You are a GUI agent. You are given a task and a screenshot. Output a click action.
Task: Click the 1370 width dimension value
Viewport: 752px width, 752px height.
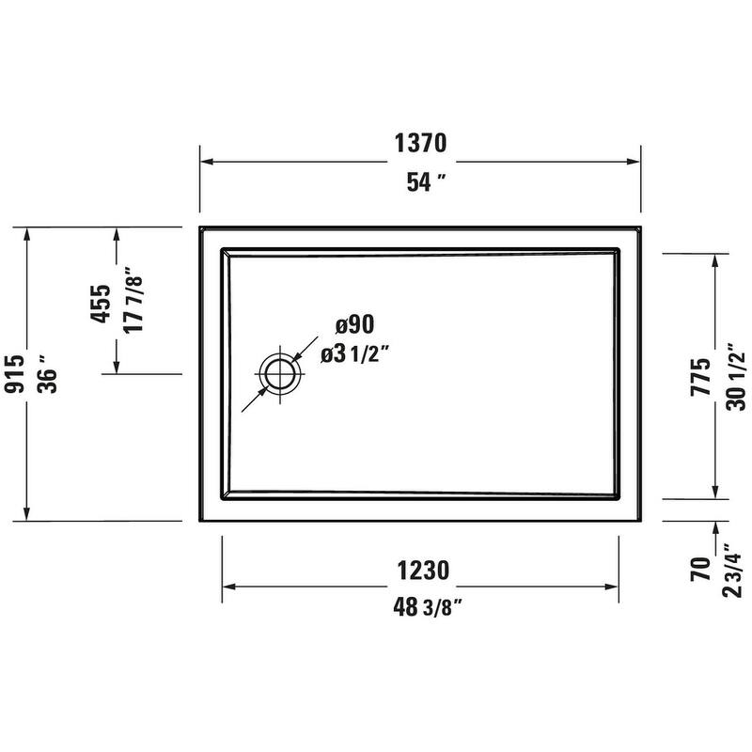click(x=419, y=144)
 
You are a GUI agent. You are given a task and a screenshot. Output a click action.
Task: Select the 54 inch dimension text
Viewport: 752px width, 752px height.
click(x=419, y=182)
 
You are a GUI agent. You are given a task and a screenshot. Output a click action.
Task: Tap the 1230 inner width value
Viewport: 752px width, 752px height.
click(x=419, y=570)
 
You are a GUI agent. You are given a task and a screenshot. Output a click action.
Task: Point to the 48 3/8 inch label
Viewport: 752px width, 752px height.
click(x=419, y=606)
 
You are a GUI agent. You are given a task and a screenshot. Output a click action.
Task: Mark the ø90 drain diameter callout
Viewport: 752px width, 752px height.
click(x=355, y=324)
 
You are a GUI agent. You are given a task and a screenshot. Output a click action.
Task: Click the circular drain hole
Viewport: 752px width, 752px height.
click(x=280, y=374)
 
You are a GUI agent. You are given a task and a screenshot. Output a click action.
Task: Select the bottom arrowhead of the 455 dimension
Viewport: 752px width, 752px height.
click(x=116, y=366)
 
